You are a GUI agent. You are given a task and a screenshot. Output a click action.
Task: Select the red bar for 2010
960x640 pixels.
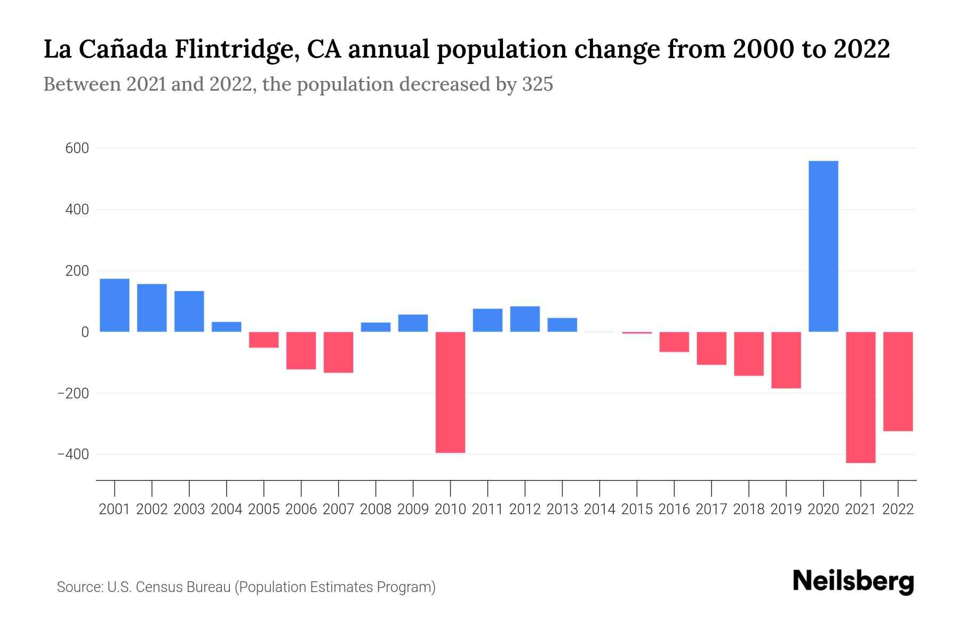pos(450,392)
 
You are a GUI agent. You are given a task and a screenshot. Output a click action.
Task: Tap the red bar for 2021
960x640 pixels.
pos(861,397)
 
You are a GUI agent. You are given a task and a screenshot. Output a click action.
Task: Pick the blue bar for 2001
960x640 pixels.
pos(115,305)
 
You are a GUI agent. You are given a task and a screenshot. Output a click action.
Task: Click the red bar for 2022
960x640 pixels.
pos(898,381)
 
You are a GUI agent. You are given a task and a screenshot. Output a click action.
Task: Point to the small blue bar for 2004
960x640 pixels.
pos(227,327)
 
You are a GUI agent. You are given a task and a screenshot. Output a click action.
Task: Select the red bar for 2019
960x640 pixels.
pos(786,360)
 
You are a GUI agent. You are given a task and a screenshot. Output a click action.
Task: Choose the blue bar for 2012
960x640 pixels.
pos(525,319)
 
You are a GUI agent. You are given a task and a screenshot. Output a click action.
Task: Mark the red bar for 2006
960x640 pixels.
pos(301,350)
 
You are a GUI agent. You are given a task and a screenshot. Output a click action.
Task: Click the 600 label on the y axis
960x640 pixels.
pos(77,148)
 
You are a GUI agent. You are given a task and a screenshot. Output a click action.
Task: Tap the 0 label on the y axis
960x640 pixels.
pos(85,332)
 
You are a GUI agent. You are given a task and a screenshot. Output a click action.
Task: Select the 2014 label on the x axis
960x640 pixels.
pos(599,509)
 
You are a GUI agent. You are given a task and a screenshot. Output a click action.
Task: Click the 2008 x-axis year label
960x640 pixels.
pos(376,509)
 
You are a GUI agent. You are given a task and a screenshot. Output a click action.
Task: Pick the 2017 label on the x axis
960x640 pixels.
pos(711,509)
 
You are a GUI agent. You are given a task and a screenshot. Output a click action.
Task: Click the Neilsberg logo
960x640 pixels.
pos(853,581)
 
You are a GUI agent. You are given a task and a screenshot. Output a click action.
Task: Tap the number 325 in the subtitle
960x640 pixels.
pos(538,84)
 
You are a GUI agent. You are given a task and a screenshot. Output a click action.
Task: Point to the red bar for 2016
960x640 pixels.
pos(674,342)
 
